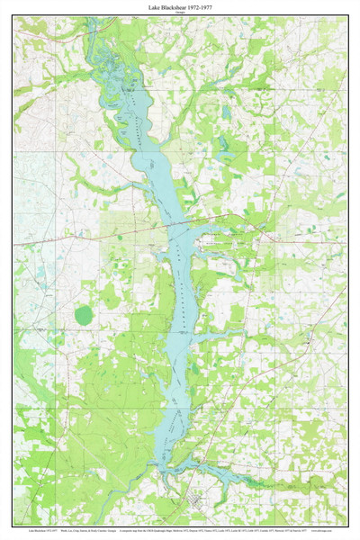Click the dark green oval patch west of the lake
(x=84, y=315)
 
